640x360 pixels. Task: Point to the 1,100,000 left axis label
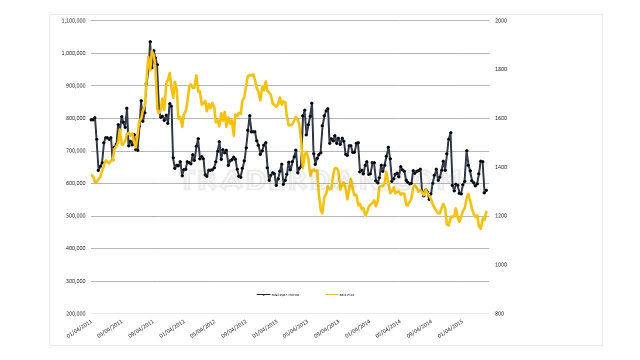73,20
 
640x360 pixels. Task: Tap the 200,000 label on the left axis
75,313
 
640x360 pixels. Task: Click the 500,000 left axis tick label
75,216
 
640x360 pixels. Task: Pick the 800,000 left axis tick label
75,118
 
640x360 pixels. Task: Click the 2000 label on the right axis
501,20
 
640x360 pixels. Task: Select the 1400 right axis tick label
501,167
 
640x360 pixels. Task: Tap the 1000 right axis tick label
501,264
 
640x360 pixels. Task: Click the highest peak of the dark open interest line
150,42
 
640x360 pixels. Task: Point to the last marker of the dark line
486,190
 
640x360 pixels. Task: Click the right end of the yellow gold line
486,211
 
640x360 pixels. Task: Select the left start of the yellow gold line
91,174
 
